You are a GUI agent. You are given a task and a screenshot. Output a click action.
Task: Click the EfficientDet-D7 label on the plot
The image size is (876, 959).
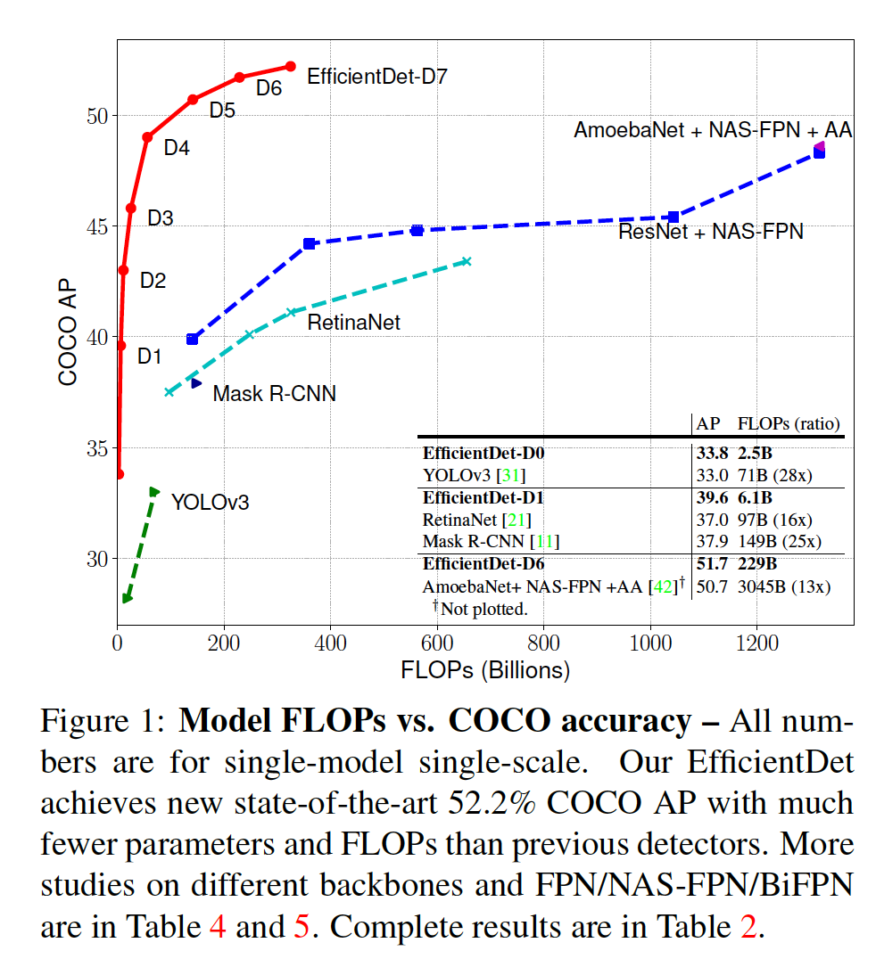[x=376, y=77]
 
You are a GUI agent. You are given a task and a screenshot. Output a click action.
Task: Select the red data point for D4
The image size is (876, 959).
[x=147, y=137]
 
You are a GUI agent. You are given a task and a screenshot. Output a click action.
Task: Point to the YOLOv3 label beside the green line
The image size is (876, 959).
[x=210, y=503]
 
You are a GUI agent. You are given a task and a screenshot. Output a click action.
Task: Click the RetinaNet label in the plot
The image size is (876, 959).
[x=353, y=323]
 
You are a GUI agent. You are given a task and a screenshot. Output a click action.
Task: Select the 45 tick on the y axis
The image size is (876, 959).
[x=96, y=226]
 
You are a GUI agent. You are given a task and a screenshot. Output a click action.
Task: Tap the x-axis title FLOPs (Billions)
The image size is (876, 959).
[x=485, y=670]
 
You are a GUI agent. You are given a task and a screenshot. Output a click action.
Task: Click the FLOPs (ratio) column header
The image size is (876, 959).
[x=788, y=422]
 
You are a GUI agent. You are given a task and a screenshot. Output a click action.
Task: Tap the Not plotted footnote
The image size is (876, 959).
[x=481, y=609]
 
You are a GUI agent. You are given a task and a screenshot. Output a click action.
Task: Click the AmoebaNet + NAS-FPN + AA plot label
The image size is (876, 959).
[x=712, y=130]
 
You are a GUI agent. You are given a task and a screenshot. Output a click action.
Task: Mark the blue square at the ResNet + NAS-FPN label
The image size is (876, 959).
[x=674, y=217]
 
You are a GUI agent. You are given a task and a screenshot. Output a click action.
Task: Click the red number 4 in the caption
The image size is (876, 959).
[x=217, y=927]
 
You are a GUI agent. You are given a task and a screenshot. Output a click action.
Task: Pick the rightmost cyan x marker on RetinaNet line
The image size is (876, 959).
[x=466, y=261]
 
